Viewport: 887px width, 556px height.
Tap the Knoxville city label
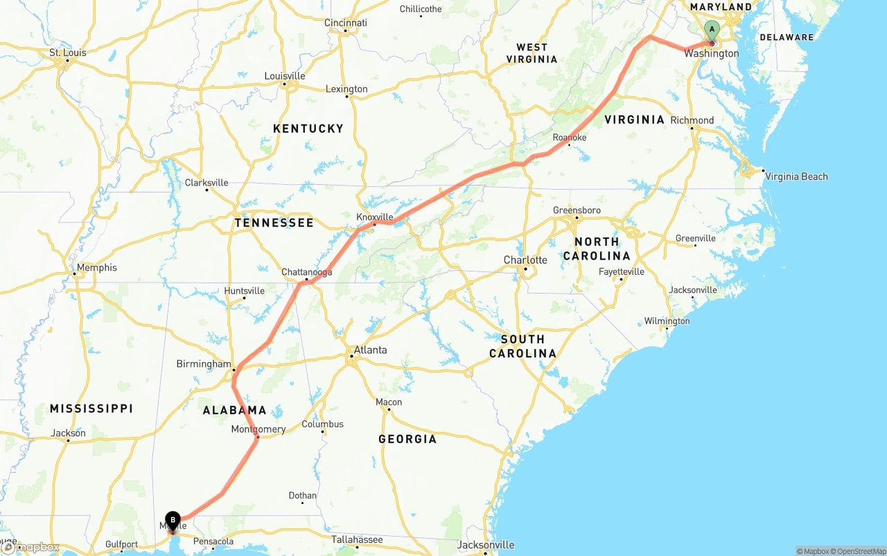(375, 217)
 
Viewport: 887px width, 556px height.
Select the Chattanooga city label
(306, 272)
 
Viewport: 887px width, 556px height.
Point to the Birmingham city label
(204, 364)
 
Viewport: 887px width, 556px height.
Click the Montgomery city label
(258, 429)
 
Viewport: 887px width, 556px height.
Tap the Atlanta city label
(371, 350)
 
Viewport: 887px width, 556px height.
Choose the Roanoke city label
(570, 138)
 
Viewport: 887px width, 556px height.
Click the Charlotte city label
(525, 260)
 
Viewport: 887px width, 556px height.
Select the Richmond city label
(692, 120)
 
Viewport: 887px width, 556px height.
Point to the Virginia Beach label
(796, 177)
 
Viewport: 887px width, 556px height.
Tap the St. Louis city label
(67, 53)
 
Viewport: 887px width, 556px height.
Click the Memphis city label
(97, 267)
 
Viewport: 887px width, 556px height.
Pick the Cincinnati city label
(346, 23)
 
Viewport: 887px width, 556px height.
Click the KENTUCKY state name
(308, 129)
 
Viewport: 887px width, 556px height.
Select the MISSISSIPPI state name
(91, 409)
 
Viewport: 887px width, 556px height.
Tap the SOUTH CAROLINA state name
(522, 346)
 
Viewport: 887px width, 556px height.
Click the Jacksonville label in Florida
(486, 545)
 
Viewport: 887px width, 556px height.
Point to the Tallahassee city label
(356, 539)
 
